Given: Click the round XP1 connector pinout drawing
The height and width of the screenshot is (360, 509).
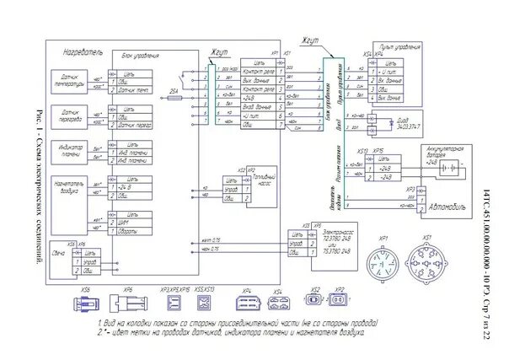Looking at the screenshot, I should (386, 262).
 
